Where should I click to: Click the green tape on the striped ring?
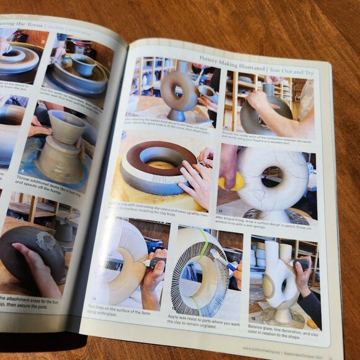(202, 248)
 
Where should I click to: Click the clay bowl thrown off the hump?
(66, 127)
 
